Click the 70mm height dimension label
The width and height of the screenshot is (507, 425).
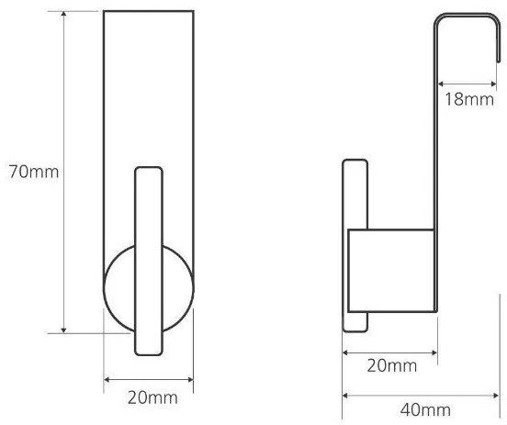[34, 172]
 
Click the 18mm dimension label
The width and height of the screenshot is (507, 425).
[469, 99]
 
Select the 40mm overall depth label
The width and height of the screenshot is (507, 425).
[425, 410]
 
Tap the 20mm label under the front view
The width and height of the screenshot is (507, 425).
[152, 397]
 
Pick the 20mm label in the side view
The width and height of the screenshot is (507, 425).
[392, 366]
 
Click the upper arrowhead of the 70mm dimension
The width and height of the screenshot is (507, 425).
[63, 14]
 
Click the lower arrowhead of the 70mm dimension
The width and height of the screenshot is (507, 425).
[63, 330]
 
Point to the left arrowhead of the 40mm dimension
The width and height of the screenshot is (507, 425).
[345, 396]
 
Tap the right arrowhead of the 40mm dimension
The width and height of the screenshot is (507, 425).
[496, 396]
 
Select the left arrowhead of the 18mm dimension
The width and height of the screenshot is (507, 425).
[440, 84]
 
